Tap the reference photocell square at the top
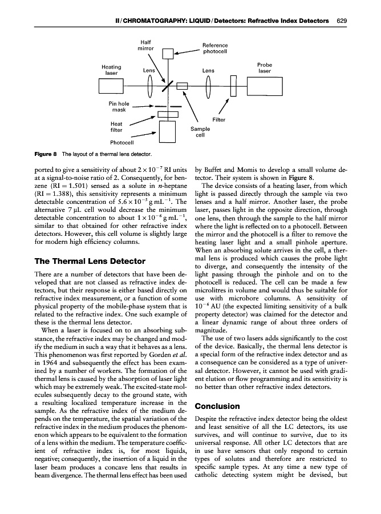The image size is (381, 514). click(167, 54)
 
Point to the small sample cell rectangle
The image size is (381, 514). click(182, 86)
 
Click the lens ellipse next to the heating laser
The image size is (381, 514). click(149, 87)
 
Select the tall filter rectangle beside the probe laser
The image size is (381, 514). click(233, 87)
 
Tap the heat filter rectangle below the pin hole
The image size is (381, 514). click(167, 115)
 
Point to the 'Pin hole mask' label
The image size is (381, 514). click(118, 107)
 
